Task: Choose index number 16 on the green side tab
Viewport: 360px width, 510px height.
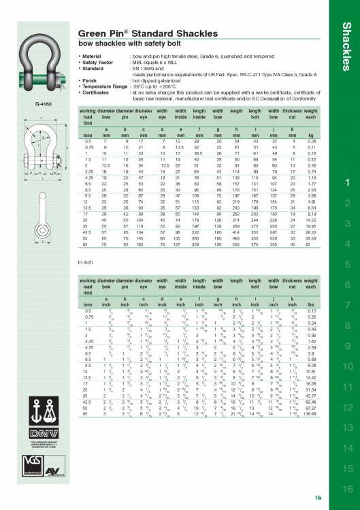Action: click(x=346, y=488)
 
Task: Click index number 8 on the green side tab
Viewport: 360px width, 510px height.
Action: click(x=346, y=325)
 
